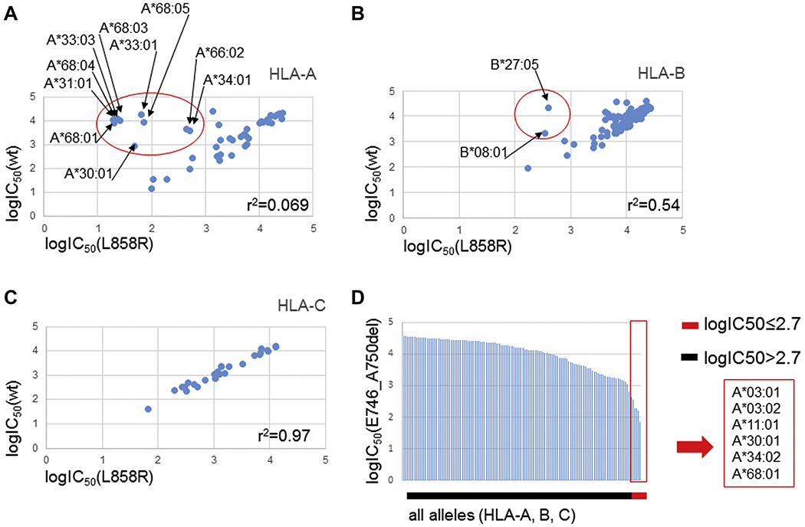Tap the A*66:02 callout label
(220, 52)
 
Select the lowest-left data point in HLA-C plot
(148, 409)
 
